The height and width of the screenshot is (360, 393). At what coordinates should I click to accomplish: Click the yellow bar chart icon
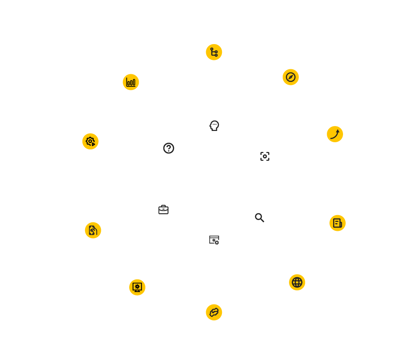[131, 82]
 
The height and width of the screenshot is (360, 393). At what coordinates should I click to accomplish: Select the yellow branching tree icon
[214, 52]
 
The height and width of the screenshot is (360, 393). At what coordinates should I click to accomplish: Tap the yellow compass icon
[290, 77]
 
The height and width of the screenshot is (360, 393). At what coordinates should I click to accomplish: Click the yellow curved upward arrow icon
[334, 134]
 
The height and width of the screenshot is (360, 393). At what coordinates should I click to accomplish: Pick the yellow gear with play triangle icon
[90, 141]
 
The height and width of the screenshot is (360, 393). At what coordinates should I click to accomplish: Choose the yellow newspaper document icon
[337, 223]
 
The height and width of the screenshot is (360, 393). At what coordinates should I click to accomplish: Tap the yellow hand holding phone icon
[93, 230]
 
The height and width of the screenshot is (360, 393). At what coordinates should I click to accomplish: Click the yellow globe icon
[297, 282]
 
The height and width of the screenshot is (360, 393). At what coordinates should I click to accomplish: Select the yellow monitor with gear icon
[137, 287]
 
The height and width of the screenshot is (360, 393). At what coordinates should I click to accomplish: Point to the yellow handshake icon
[214, 312]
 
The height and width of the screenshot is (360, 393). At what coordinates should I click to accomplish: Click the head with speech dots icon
[214, 126]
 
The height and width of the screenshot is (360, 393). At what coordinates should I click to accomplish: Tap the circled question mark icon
[168, 148]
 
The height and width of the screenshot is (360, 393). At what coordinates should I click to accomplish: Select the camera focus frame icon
[265, 156]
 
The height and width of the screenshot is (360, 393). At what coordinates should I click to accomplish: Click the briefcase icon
[163, 210]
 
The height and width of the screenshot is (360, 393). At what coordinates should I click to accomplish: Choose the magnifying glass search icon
[259, 218]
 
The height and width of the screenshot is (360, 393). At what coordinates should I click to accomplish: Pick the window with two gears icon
[214, 240]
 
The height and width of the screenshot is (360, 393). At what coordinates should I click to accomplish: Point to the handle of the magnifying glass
[262, 220]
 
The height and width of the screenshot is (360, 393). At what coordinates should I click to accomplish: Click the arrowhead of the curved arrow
[338, 131]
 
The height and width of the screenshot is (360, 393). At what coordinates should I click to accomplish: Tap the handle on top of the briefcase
[163, 207]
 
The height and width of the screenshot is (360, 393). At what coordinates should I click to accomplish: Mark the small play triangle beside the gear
[93, 144]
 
